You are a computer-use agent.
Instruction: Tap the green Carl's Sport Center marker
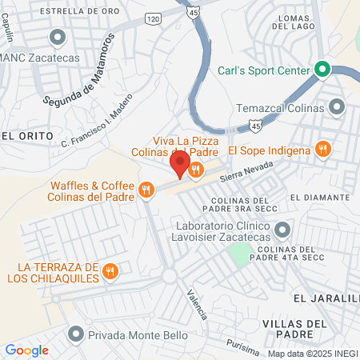pyautogui.click(x=323, y=70)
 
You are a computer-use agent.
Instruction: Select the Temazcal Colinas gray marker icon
pyautogui.click(x=337, y=106)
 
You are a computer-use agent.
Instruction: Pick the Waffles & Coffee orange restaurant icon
pyautogui.click(x=146, y=190)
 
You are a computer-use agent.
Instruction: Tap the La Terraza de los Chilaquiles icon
pyautogui.click(x=111, y=271)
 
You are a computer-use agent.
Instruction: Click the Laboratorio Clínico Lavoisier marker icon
pyautogui.click(x=282, y=231)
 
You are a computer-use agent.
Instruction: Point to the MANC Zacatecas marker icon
pyautogui.click(x=57, y=38)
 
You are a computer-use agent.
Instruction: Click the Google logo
pyautogui.click(x=26, y=350)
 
